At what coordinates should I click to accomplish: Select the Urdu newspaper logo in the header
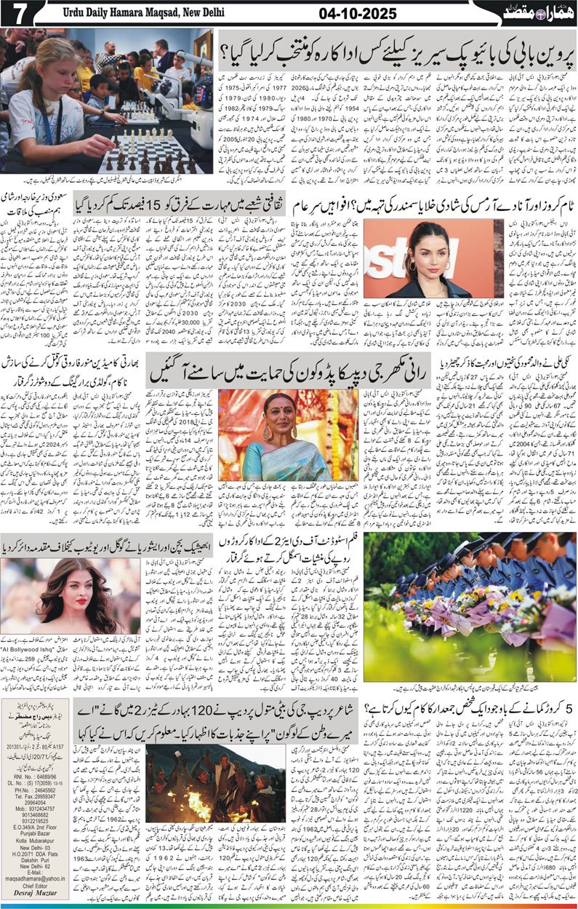536,13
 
